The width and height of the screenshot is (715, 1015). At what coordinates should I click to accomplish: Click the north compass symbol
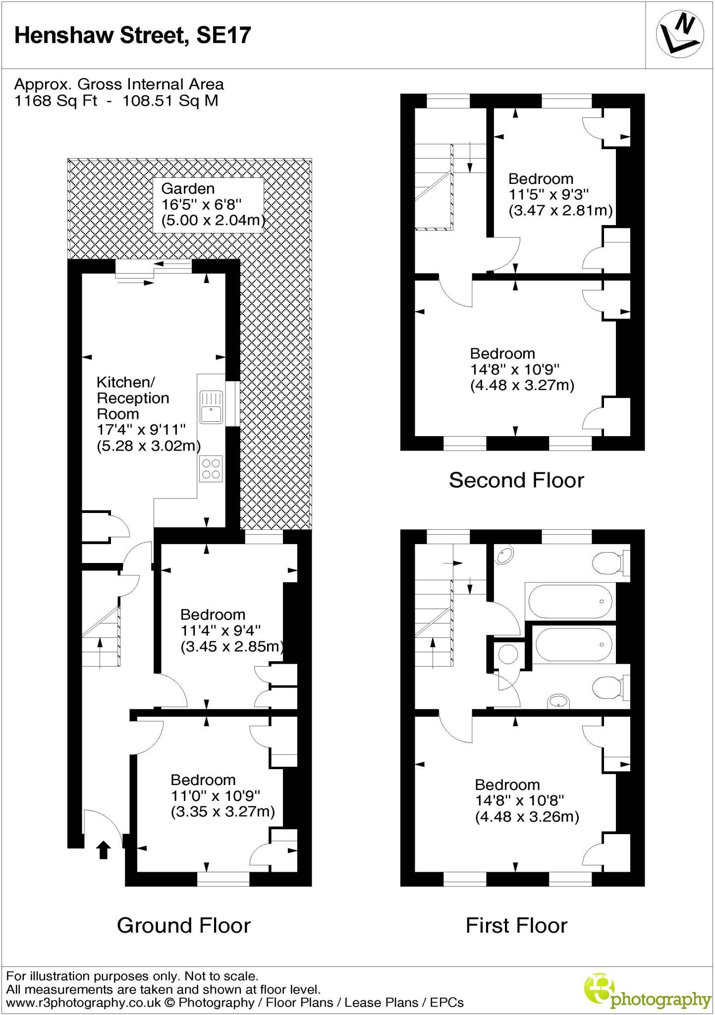[x=679, y=35]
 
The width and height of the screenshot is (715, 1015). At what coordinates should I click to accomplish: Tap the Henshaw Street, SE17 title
[x=132, y=36]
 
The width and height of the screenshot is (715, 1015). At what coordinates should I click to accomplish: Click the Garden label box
[x=208, y=205]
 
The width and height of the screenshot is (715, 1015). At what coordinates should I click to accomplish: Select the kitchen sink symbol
[x=212, y=407]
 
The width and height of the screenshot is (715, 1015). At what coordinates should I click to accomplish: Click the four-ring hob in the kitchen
[x=211, y=469]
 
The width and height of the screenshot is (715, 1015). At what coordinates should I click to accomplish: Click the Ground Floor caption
[x=183, y=925]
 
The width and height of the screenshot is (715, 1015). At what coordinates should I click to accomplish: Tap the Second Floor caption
[x=516, y=480]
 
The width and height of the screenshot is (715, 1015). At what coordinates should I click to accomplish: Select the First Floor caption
[x=516, y=925]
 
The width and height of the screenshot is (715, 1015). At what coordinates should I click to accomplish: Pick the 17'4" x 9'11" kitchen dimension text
[x=141, y=430]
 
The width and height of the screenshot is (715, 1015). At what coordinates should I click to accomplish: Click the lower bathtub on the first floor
[x=573, y=644]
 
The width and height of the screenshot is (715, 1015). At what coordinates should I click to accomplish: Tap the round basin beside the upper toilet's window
[x=505, y=555]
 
